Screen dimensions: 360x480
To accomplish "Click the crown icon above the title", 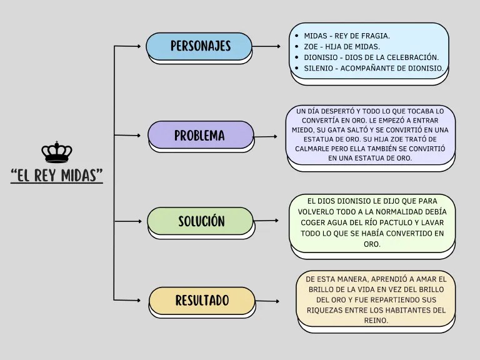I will (x=57, y=152).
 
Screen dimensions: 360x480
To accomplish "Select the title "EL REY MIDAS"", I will (x=57, y=175).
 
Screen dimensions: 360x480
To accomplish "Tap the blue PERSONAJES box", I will (x=200, y=46).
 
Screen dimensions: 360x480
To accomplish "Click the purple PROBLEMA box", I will (x=200, y=135).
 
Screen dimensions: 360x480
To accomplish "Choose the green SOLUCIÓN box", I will (x=201, y=221).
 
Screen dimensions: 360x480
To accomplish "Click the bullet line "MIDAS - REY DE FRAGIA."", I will (x=347, y=36).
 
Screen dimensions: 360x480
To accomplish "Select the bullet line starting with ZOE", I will (x=342, y=46).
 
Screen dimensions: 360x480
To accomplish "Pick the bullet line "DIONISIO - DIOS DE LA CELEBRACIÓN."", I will (x=371, y=57).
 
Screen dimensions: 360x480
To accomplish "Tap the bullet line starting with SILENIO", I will (x=374, y=67).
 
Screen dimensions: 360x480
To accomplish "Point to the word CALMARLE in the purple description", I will (x=315, y=149).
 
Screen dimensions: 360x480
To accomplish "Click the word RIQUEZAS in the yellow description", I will (x=326, y=310).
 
